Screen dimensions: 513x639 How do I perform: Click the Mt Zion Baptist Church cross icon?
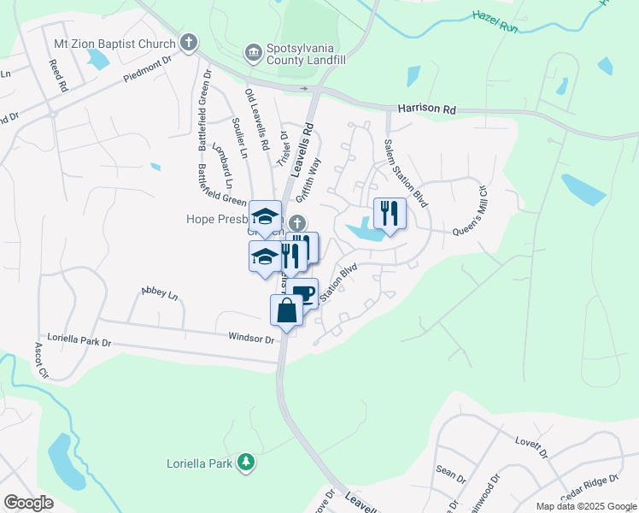click(189, 42)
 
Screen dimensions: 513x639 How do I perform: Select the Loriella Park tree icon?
click(246, 462)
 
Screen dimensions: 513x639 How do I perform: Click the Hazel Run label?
click(495, 16)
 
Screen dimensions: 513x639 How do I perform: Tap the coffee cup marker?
click(302, 293)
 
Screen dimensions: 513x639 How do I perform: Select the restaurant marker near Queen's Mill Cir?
click(390, 214)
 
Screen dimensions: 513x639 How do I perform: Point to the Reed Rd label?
click(57, 75)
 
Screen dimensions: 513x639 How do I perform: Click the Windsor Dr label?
click(250, 339)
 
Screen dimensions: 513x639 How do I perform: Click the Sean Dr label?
click(450, 475)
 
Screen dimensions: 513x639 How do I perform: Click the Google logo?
click(28, 502)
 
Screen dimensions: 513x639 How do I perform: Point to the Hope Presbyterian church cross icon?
click(297, 222)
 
